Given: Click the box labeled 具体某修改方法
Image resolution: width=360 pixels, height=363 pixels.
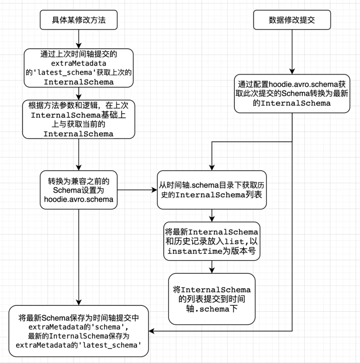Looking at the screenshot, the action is pyautogui.click(x=79, y=20).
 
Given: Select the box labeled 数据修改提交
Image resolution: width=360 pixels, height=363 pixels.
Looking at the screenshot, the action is pyautogui.click(x=292, y=20).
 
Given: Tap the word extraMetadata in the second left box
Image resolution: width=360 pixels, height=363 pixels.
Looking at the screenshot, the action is pyautogui.click(x=79, y=63).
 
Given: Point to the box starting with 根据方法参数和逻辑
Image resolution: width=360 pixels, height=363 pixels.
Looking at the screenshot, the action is pyautogui.click(x=79, y=119).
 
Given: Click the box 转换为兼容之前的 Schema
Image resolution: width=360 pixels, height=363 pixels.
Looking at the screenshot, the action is pyautogui.click(x=79, y=190).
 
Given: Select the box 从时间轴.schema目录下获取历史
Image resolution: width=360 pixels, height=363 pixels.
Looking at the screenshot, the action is pyautogui.click(x=212, y=190).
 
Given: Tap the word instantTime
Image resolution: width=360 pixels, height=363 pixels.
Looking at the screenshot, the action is pyautogui.click(x=195, y=251).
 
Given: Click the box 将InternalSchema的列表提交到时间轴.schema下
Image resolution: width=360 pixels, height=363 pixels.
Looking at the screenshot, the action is pyautogui.click(x=212, y=299).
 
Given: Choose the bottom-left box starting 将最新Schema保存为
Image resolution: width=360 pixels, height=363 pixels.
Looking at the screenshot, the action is pyautogui.click(x=79, y=331).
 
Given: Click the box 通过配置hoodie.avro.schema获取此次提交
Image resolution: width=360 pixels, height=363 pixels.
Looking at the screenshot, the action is pyautogui.click(x=292, y=94).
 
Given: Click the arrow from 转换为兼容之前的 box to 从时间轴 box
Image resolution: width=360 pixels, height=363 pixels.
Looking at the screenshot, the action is pyautogui.click(x=137, y=190).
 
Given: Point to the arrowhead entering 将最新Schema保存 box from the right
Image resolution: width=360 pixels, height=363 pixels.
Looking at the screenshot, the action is pyautogui.click(x=151, y=331).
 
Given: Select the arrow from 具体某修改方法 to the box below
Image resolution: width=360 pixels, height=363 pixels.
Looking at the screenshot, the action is pyautogui.click(x=79, y=39).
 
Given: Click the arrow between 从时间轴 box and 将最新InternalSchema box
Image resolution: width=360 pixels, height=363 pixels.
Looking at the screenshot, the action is pyautogui.click(x=212, y=216).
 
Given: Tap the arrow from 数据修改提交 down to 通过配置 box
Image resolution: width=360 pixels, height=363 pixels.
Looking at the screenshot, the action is pyautogui.click(x=292, y=52).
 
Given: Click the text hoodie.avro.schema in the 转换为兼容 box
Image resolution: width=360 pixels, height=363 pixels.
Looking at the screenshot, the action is pyautogui.click(x=79, y=199).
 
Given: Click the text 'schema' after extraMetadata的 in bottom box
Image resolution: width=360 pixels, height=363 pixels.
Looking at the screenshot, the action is pyautogui.click(x=108, y=327).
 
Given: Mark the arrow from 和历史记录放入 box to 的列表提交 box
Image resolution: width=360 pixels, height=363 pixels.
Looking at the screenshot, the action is pyautogui.click(x=212, y=267).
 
